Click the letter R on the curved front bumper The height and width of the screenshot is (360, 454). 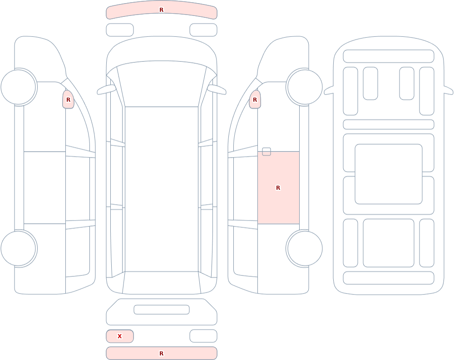(161, 10)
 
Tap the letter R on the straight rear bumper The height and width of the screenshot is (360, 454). (161, 353)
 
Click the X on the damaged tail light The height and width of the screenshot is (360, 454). (119, 336)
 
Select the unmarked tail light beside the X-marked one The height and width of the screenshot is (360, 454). (203, 336)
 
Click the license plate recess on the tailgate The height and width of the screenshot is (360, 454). (162, 310)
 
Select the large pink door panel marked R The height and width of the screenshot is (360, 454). (278, 187)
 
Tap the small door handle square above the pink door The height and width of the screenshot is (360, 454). (266, 152)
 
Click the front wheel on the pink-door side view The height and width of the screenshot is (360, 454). (304, 87)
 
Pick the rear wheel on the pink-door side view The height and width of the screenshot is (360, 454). (304, 248)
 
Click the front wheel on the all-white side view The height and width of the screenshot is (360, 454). (19, 87)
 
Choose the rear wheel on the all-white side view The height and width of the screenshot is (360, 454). (19, 248)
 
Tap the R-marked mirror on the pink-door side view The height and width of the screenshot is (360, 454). (255, 99)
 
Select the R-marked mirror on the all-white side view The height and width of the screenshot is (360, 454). (69, 99)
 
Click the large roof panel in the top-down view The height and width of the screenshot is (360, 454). (162, 189)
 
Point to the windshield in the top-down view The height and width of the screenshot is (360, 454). (162, 84)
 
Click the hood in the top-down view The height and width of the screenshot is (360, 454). (162, 49)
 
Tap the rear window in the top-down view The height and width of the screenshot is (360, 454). (162, 283)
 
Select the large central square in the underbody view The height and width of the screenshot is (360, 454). (389, 174)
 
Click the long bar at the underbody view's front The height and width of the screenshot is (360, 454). (389, 56)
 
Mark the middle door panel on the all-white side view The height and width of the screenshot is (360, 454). (44, 187)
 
